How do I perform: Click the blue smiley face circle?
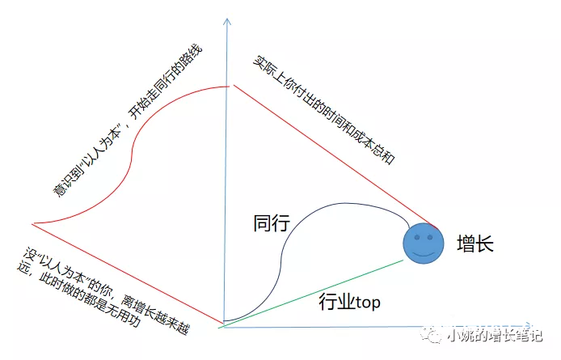(x=424, y=244)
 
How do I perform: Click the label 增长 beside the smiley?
(x=475, y=244)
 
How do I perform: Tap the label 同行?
(x=272, y=223)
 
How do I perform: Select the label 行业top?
(x=349, y=302)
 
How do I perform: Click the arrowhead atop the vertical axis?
(x=227, y=22)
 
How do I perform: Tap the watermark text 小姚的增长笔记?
(x=495, y=336)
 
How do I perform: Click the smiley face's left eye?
(x=417, y=237)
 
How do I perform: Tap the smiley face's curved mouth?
(x=424, y=253)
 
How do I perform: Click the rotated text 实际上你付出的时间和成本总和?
(x=323, y=110)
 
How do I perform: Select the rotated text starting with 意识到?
(x=128, y=121)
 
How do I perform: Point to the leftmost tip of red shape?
(x=32, y=224)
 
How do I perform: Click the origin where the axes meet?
(x=224, y=327)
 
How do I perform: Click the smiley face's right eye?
(x=430, y=237)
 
